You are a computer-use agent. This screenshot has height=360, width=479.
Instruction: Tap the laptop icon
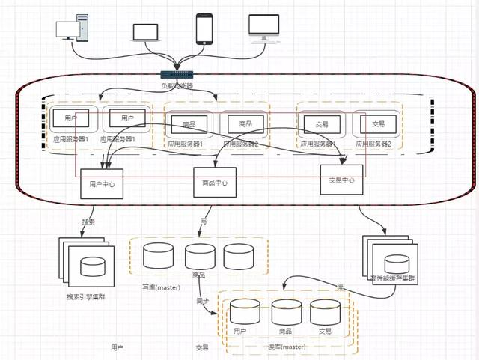[x=146, y=32]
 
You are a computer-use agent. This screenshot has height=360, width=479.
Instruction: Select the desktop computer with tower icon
[x=73, y=30]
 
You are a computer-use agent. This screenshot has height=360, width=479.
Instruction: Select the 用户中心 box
[x=101, y=183]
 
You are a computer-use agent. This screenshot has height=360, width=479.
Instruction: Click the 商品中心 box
[x=215, y=182]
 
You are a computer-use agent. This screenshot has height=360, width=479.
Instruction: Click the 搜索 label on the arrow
[x=88, y=222]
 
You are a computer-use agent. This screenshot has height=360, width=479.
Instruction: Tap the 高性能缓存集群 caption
[x=392, y=278]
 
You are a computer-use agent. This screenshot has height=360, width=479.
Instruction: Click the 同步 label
[x=202, y=301]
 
